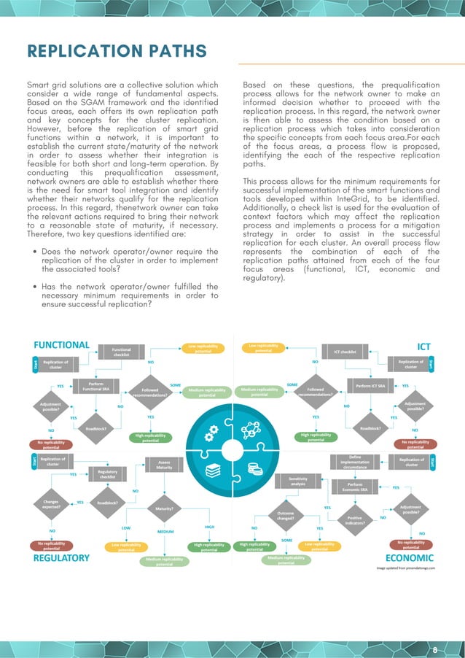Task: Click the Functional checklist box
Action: pos(121,352)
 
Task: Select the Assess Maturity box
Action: pos(164,465)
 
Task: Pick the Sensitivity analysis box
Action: pos(298,481)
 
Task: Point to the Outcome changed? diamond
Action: pos(286,516)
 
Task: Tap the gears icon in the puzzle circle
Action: pos(212,436)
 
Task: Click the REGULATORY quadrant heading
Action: pos(62,558)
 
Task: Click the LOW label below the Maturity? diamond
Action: pos(125,527)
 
